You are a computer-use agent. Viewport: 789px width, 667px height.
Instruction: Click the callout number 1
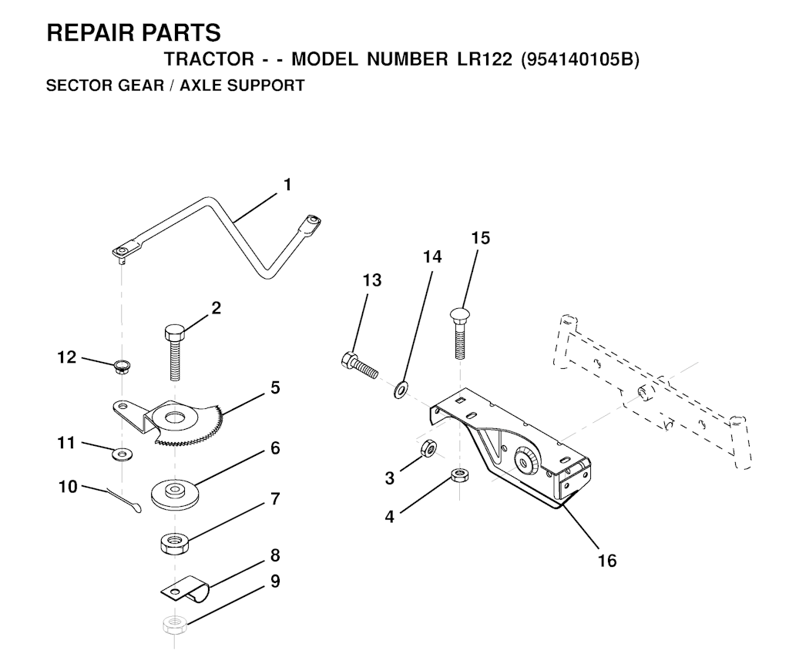287,185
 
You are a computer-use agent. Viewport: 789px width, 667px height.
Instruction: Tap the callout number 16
607,561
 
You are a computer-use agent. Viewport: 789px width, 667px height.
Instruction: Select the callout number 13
372,280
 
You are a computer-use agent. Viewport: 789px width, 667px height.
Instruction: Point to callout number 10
68,487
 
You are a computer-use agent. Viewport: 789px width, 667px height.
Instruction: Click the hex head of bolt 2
175,333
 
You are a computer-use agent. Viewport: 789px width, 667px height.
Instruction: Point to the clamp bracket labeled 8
185,589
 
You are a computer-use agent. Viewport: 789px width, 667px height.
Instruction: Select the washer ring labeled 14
401,389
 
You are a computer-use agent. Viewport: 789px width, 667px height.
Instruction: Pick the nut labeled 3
427,447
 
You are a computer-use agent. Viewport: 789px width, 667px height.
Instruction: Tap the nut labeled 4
458,475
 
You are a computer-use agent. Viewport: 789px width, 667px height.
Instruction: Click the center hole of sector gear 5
175,417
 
